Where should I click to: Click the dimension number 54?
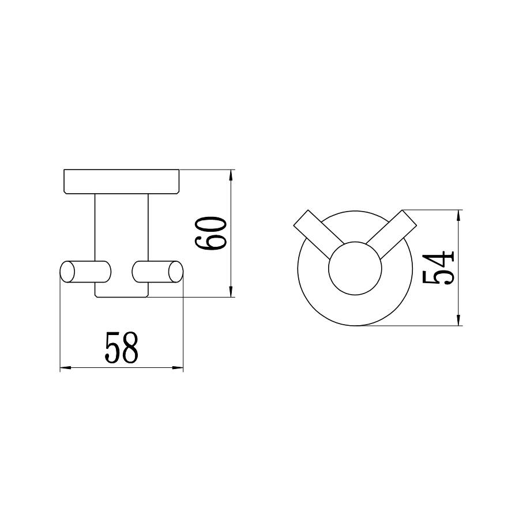(x=439, y=268)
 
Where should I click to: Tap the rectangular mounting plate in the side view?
(x=122, y=181)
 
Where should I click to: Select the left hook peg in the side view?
(x=85, y=272)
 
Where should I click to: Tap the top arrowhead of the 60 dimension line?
(x=232, y=175)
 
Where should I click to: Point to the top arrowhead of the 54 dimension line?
(x=459, y=215)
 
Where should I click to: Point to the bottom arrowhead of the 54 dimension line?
(x=459, y=321)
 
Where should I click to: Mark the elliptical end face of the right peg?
(x=176, y=272)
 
